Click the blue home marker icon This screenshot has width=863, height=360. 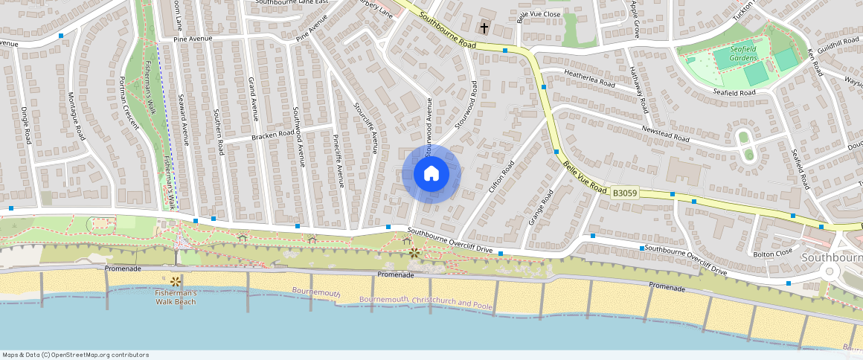(431, 174)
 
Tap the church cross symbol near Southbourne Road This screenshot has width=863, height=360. (484, 28)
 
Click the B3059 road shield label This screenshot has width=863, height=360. (624, 193)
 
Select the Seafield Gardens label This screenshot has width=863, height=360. (733, 54)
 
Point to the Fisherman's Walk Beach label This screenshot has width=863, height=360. (176, 298)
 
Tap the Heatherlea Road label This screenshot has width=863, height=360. (590, 79)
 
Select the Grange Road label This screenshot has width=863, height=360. (541, 208)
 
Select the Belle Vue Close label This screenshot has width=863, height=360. (539, 14)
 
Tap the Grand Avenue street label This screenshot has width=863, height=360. (252, 98)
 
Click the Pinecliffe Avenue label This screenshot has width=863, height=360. (337, 161)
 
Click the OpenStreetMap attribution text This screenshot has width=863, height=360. (74, 355)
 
